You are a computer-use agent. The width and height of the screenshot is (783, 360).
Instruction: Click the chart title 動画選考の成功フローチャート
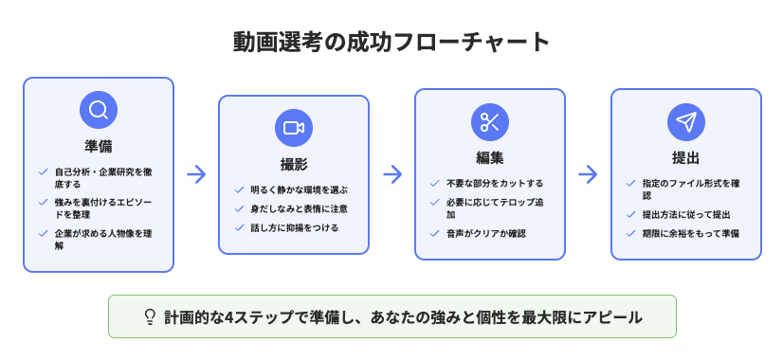point(391,42)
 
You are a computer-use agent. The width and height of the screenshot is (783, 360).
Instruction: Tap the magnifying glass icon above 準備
point(99,110)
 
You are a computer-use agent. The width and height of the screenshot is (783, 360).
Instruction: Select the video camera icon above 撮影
point(294,128)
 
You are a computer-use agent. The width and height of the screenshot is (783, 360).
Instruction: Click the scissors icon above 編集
point(490,121)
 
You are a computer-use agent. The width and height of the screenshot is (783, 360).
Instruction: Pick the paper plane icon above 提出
point(686,121)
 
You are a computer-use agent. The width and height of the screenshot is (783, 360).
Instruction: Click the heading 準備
point(99,145)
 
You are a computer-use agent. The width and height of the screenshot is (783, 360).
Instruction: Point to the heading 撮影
point(294,163)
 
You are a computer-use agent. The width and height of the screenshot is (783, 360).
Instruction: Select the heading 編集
point(490,156)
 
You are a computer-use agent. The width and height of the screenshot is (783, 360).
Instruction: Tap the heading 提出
point(686,156)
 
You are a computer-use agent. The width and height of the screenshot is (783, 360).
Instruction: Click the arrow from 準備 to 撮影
point(196,174)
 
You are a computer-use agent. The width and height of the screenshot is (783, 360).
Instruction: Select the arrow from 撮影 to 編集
point(392,174)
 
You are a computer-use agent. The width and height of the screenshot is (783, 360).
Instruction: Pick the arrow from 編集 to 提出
point(588,174)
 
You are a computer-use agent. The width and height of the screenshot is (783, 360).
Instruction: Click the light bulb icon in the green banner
point(150,317)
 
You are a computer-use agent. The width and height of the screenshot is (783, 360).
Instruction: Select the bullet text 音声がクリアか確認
point(485,233)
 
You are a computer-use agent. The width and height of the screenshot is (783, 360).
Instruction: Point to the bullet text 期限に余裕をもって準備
point(689,233)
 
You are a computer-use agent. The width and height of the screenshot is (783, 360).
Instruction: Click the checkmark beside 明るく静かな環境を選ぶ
point(239,189)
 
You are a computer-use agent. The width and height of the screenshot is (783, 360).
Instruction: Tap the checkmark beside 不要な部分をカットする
point(435,183)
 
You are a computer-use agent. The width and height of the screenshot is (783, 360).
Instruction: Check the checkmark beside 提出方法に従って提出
point(631,215)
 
